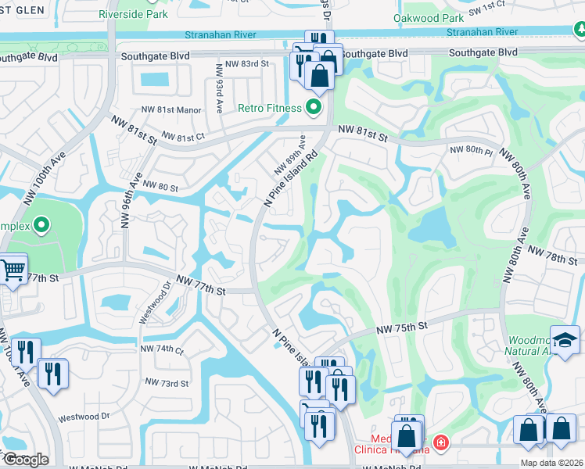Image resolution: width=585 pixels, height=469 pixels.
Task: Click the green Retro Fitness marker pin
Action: point(314,107)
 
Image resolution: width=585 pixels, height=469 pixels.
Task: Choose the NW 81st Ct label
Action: point(183,138)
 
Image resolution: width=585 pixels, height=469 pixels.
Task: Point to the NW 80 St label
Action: point(158,188)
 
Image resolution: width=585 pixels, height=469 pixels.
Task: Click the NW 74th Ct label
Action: point(161,349)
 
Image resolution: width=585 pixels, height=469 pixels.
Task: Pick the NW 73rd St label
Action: point(167,383)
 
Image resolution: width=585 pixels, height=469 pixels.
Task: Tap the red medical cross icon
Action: point(441,443)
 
